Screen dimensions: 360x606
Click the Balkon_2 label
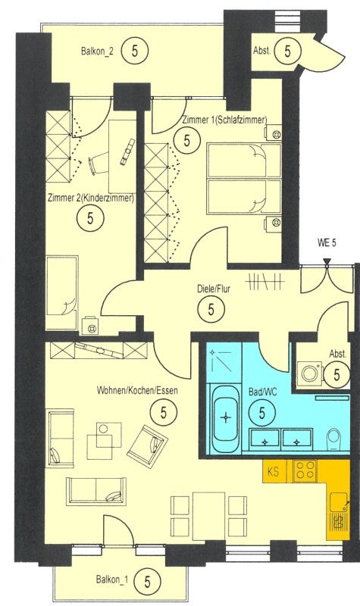click(x=97, y=52)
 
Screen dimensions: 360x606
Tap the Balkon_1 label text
click(x=111, y=580)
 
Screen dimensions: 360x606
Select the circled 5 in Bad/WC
click(x=262, y=413)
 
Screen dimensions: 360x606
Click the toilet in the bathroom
click(x=333, y=440)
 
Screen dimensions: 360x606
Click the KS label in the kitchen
click(x=273, y=471)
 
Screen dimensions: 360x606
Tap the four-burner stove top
click(x=305, y=470)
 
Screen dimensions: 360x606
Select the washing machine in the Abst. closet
click(x=309, y=373)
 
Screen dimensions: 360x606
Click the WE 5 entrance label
click(x=327, y=243)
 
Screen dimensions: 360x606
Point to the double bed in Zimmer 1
click(x=244, y=179)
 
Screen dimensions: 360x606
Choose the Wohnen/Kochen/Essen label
click(x=137, y=390)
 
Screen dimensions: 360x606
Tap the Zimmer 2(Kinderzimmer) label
click(x=91, y=198)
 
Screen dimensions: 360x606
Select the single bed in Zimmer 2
click(x=62, y=292)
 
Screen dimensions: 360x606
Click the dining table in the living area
click(x=209, y=516)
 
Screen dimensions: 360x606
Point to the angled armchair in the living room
click(x=147, y=447)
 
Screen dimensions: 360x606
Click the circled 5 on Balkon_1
click(x=147, y=581)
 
